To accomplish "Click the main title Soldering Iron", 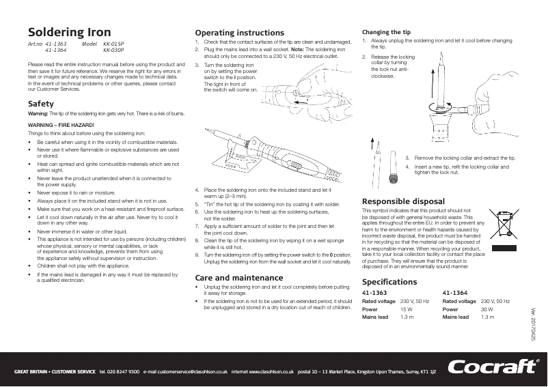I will [69, 32].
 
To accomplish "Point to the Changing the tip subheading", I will [386, 32].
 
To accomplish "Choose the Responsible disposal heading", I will [403, 201].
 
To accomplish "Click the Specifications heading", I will [389, 282].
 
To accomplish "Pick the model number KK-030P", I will [113, 51].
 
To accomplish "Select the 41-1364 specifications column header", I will [456, 292].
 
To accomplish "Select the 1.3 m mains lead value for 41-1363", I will [407, 317].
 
